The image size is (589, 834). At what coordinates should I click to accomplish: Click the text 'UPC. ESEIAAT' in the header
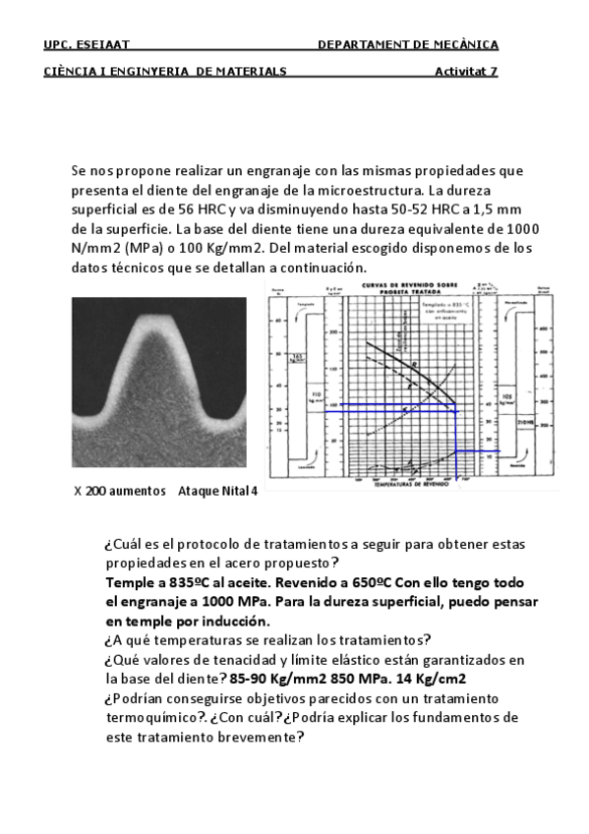click(88, 44)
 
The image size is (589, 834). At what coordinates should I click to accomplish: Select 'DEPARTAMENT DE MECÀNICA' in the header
click(408, 44)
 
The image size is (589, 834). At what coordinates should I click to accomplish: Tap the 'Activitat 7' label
click(466, 71)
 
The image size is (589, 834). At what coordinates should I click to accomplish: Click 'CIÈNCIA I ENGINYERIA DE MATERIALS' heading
click(165, 71)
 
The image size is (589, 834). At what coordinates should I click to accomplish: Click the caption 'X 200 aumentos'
click(120, 490)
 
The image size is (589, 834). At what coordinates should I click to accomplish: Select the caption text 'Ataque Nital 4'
click(217, 490)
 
